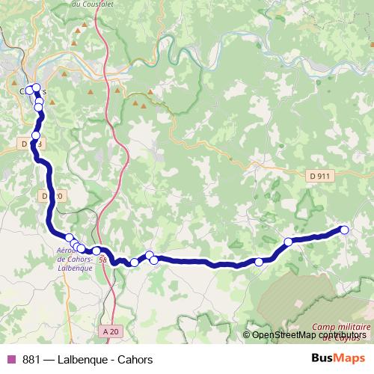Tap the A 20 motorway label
point(110,331)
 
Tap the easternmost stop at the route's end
point(344,230)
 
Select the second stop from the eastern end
point(288,242)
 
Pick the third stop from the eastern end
point(259,262)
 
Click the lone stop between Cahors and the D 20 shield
point(35,135)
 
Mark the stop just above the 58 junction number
point(96,251)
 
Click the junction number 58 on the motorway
point(102,260)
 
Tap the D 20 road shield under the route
point(47,195)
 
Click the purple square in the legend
point(10,358)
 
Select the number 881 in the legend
point(31,358)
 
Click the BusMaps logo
point(337,358)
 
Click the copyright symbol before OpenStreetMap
point(247,335)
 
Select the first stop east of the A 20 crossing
point(134,263)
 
